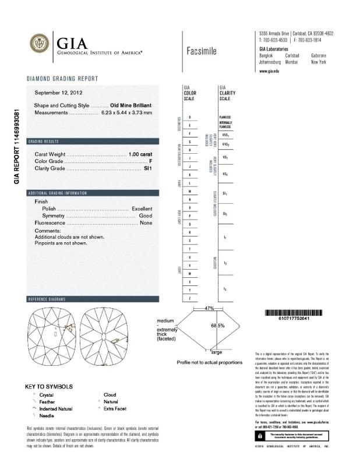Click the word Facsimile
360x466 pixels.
[x=202, y=51]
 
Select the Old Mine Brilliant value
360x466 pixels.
[x=131, y=105]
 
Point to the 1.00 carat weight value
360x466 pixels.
[x=140, y=154]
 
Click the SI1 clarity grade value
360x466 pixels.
[x=147, y=168]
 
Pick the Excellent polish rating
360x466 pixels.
[x=142, y=209]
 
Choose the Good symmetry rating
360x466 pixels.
[x=146, y=216]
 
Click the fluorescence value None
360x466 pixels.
[x=146, y=223]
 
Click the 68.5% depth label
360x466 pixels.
[x=218, y=326]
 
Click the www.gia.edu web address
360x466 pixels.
[x=269, y=70]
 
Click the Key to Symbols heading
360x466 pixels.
[x=50, y=386]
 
